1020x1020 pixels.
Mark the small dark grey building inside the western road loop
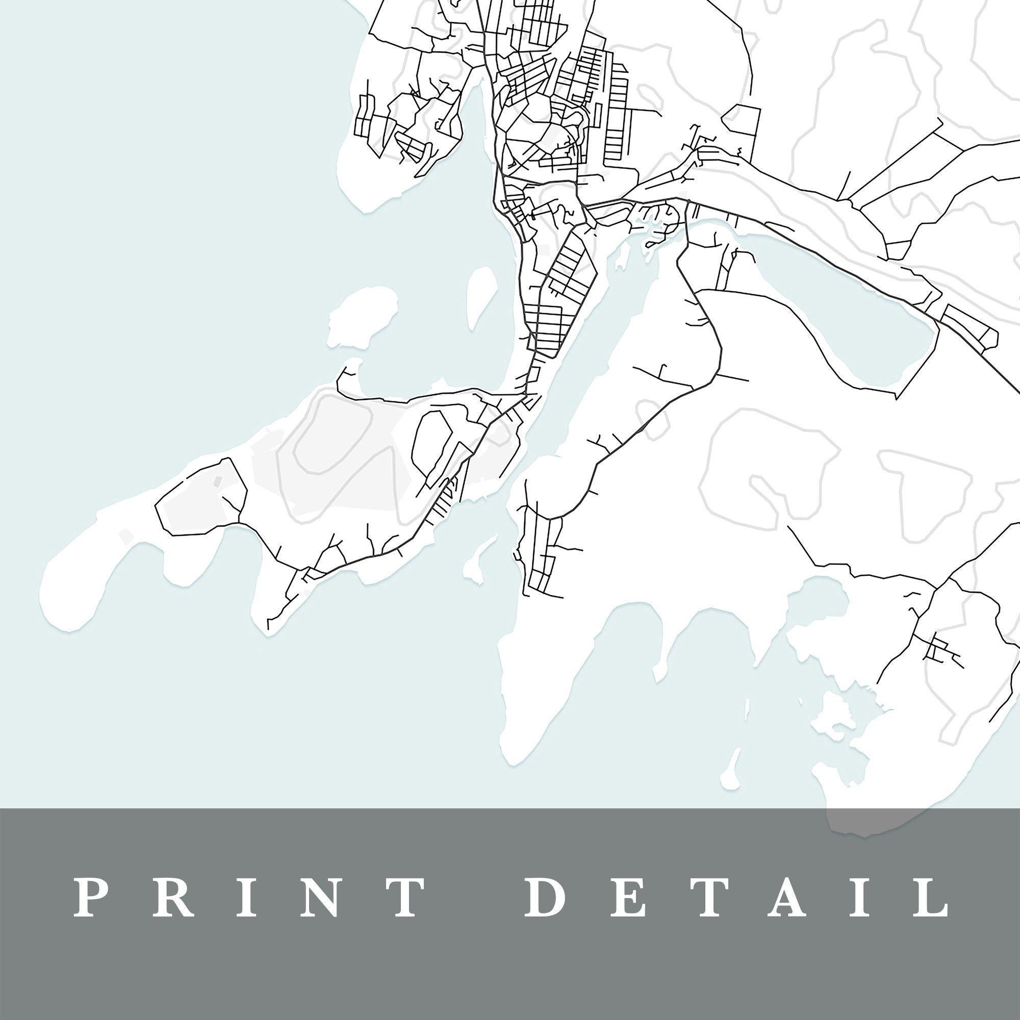click(x=217, y=481)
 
